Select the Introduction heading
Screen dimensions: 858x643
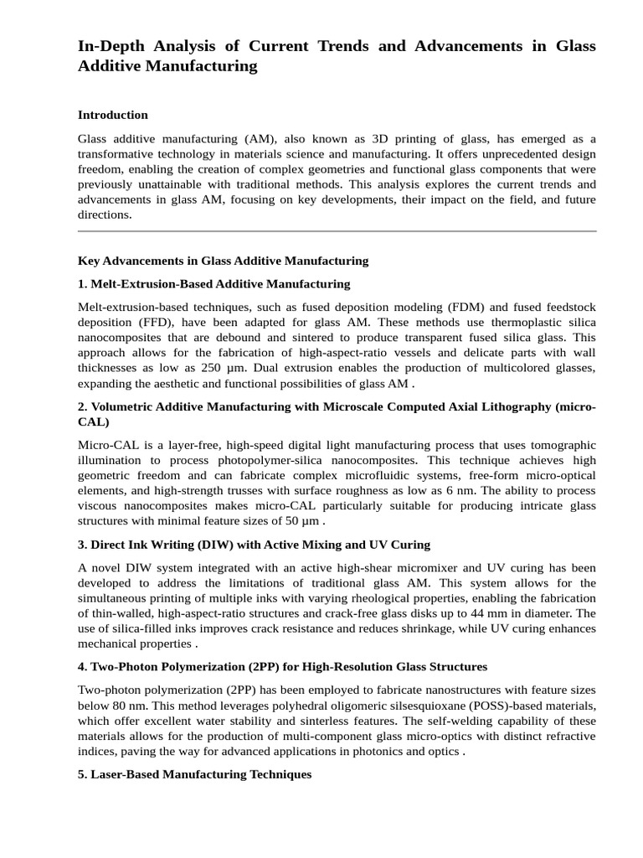coord(112,115)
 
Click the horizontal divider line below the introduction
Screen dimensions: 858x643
coord(337,230)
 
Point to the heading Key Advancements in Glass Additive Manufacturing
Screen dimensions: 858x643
coord(223,261)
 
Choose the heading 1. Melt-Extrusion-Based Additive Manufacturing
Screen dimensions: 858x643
coord(213,284)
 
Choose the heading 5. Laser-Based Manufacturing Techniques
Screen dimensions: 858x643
coord(194,774)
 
